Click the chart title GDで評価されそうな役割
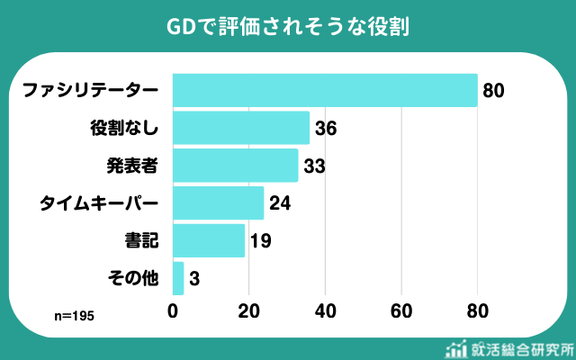[288, 26]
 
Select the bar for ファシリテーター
[324, 90]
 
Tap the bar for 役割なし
[240, 128]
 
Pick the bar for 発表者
[235, 166]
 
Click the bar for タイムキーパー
[218, 203]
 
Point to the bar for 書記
[208, 241]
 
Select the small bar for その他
[177, 279]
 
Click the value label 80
[493, 91]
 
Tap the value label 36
[326, 129]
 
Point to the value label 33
[314, 166]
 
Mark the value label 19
[261, 242]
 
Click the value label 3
[194, 280]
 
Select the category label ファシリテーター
[90, 91]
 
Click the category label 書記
[141, 242]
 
